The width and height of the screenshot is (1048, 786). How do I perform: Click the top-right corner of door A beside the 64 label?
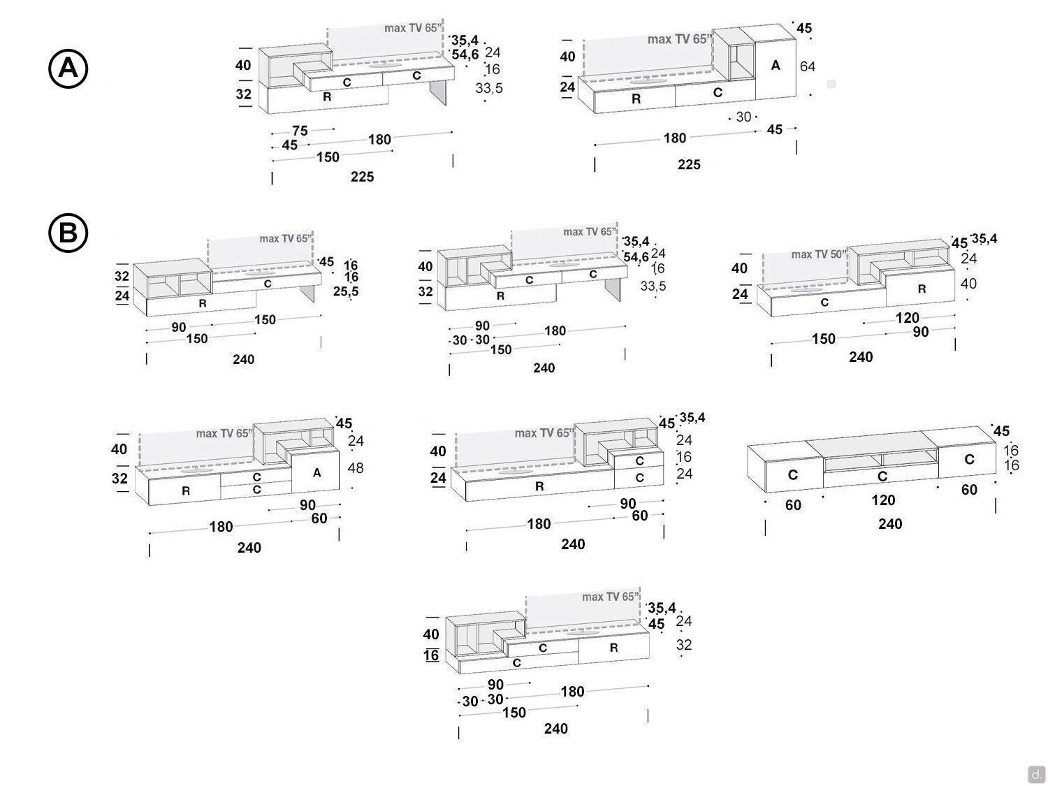[796, 39]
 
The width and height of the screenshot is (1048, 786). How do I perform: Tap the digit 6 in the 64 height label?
[803, 66]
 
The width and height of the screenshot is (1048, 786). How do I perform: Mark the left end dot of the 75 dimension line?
[272, 133]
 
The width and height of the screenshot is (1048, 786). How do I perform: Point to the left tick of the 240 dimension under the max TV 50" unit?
[771, 361]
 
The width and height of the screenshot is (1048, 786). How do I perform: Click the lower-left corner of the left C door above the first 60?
[766, 492]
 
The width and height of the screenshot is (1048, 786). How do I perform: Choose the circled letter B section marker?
[68, 233]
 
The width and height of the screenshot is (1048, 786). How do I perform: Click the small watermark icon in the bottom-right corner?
[1035, 773]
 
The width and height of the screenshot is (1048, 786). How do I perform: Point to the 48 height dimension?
[356, 467]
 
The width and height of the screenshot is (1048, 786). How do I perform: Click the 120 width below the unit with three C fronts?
[883, 500]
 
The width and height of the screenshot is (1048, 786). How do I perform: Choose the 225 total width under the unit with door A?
[689, 165]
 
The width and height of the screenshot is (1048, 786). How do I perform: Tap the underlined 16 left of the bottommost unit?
[431, 655]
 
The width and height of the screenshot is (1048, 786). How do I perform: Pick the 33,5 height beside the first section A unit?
[489, 88]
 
